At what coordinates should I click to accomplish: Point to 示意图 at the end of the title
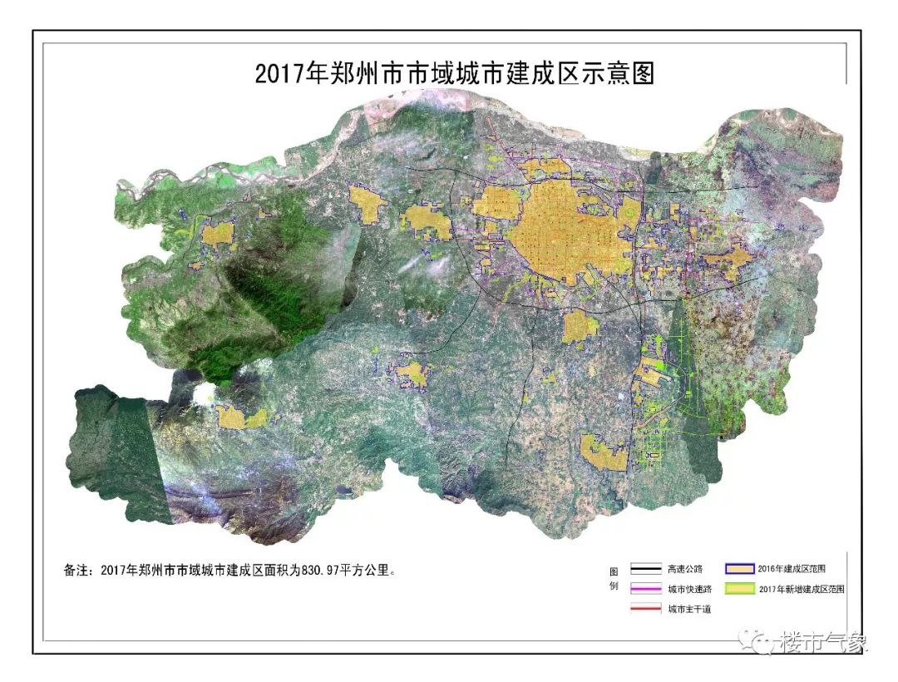[624, 73]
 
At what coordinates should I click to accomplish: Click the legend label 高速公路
[684, 570]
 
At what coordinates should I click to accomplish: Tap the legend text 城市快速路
[688, 590]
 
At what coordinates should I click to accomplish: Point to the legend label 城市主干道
[688, 609]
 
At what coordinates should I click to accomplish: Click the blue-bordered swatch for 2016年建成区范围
[738, 570]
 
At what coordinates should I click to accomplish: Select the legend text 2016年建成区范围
[791, 570]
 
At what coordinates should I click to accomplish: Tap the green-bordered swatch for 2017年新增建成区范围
[738, 589]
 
